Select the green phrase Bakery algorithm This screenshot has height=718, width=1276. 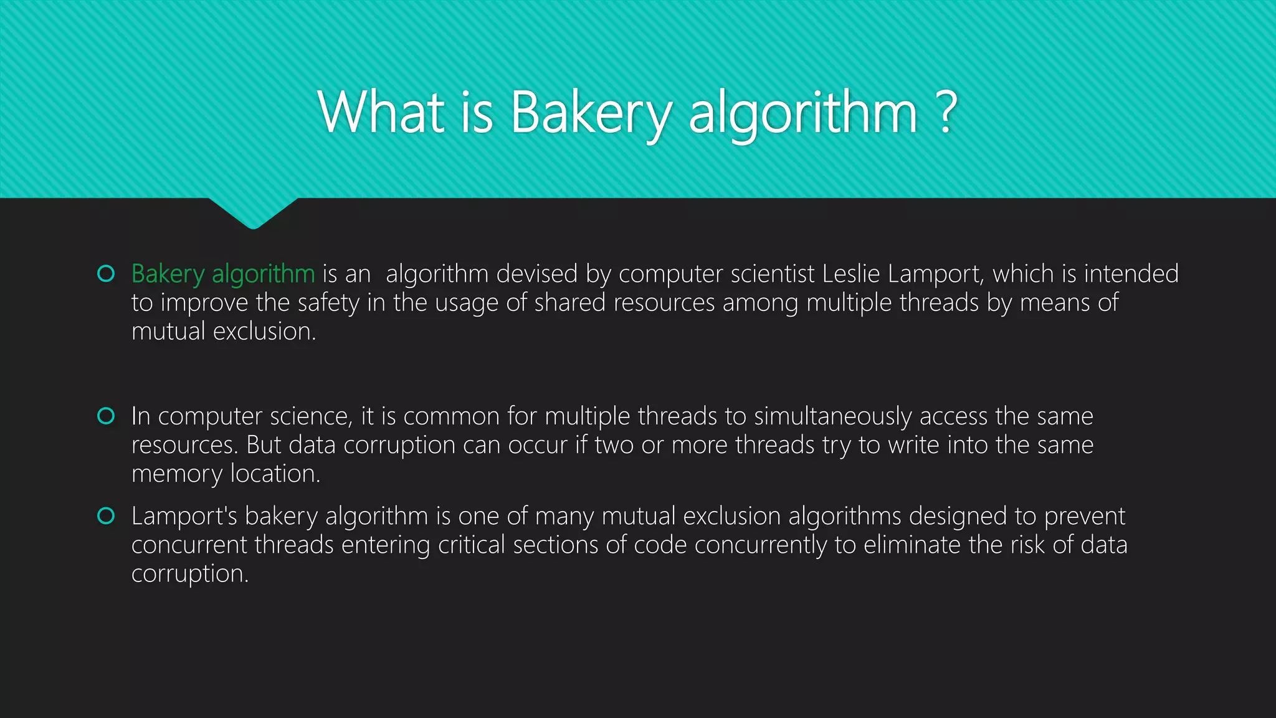coord(223,274)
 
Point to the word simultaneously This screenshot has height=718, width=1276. coord(833,416)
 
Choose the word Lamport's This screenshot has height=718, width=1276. coord(184,516)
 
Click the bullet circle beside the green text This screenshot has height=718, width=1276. coord(107,274)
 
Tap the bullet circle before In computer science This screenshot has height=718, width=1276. coord(107,416)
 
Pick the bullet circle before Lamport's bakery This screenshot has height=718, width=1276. coord(107,516)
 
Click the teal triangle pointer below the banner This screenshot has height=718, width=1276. coord(253,212)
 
